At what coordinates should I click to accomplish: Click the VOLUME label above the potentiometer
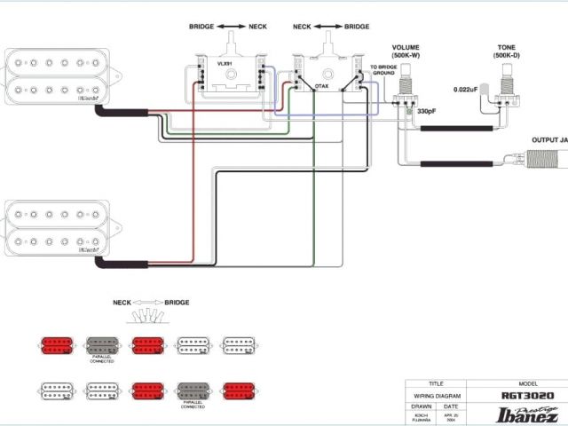pos(406,47)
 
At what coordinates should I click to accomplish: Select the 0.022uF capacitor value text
pos(466,90)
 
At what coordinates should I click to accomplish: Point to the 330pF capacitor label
pos(428,111)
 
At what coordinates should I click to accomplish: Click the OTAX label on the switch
pos(322,85)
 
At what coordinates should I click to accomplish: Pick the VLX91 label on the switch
pos(225,64)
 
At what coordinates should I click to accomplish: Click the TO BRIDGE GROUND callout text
pos(371,72)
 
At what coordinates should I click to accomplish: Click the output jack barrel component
pos(543,160)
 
